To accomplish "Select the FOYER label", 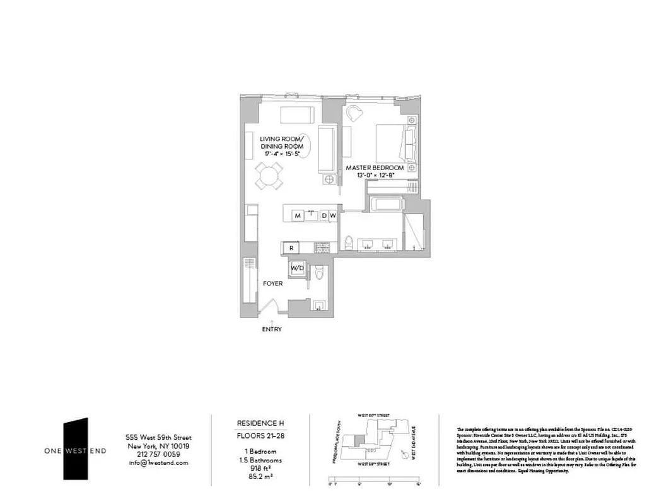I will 273,284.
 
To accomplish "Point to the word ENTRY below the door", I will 272,329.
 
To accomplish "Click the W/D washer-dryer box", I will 296,268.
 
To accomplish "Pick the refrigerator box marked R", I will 291,248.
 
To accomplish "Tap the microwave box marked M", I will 297,216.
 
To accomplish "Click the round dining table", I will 269,175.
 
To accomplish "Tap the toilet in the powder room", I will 319,272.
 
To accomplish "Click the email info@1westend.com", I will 158,462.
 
